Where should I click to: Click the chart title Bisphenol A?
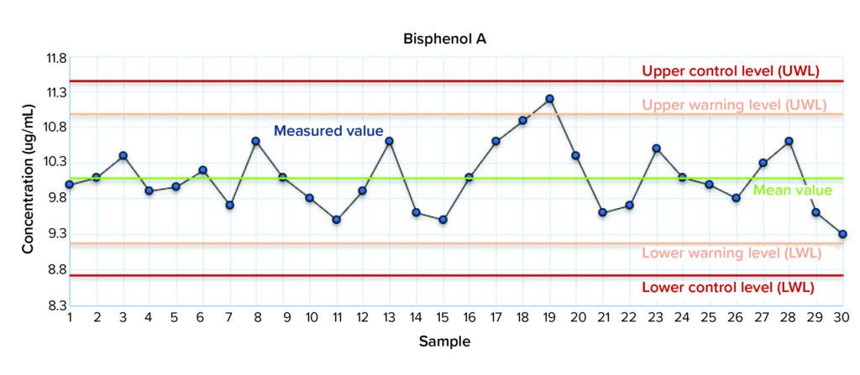(x=445, y=38)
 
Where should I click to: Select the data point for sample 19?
(x=549, y=99)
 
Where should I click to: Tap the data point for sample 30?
(x=842, y=234)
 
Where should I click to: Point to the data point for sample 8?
(x=256, y=141)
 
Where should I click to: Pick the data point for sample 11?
(x=336, y=220)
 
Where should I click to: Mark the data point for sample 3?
(x=123, y=155)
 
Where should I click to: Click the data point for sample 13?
(x=389, y=141)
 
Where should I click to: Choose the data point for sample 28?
(x=789, y=141)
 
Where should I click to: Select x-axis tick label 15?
(x=442, y=318)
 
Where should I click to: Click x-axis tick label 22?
(x=629, y=318)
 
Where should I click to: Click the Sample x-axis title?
(x=445, y=341)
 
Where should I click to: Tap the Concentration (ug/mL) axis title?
(x=28, y=180)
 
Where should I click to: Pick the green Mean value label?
(x=792, y=190)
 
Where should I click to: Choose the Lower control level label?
(x=727, y=287)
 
